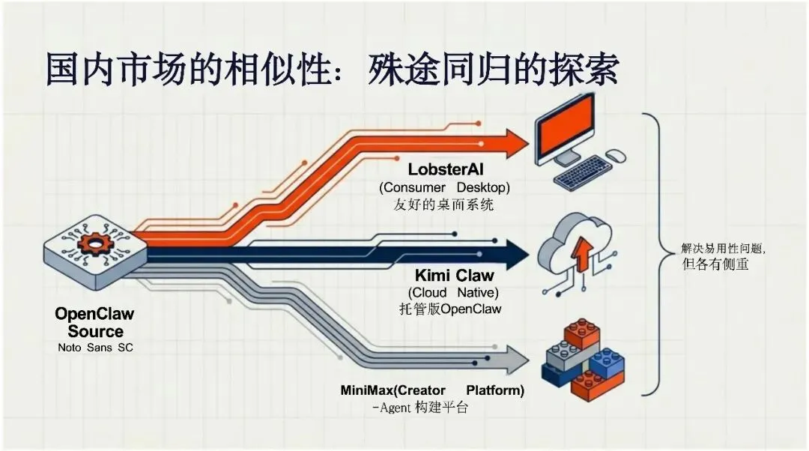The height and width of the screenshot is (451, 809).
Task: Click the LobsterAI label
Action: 446,170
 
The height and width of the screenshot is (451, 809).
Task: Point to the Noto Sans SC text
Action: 95,348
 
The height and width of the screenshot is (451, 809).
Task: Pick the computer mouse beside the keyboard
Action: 616,156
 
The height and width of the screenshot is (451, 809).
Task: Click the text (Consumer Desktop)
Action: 444,187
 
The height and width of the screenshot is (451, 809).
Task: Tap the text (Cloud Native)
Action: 453,292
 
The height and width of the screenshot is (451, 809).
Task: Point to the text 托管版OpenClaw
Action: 451,308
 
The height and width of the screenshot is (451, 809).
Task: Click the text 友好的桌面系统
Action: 443,204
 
